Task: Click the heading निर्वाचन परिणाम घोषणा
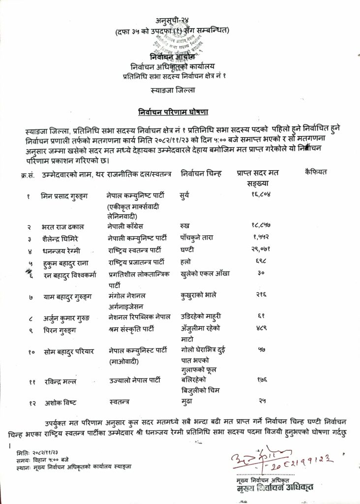[180, 112]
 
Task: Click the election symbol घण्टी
[187, 250]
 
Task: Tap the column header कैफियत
[316, 172]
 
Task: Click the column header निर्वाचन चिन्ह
[201, 173]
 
